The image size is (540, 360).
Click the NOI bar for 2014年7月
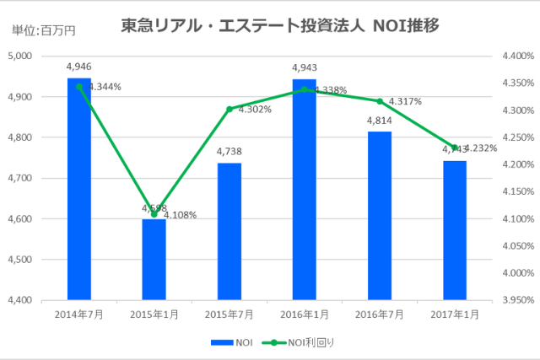pyautogui.click(x=79, y=189)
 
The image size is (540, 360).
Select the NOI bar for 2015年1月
pyautogui.click(x=154, y=259)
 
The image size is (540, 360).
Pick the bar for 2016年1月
pyautogui.click(x=304, y=190)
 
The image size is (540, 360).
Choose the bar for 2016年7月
pyautogui.click(x=380, y=216)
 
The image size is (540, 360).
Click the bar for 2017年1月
pyautogui.click(x=455, y=230)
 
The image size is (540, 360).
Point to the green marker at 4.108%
pyautogui.click(x=154, y=214)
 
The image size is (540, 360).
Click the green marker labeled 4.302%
pyautogui.click(x=229, y=109)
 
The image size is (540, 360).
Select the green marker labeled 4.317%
pyautogui.click(x=380, y=101)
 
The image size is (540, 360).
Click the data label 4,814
pyautogui.click(x=380, y=121)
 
